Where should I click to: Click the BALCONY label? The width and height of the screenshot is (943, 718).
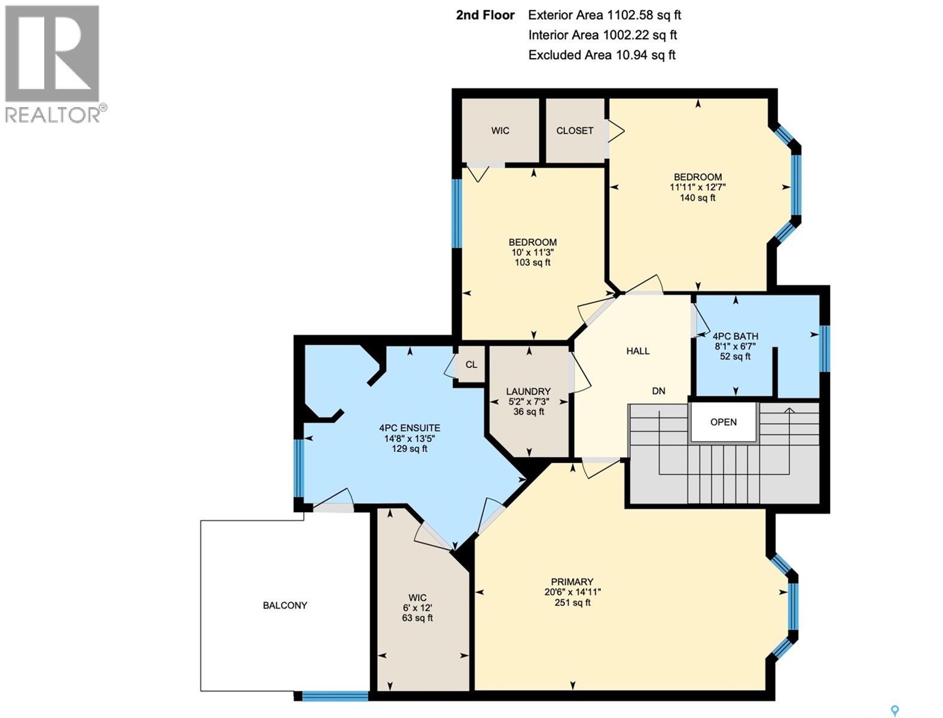pyautogui.click(x=285, y=606)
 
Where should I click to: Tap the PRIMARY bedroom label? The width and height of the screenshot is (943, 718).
pyautogui.click(x=572, y=582)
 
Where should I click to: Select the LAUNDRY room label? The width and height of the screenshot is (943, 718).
pyautogui.click(x=528, y=392)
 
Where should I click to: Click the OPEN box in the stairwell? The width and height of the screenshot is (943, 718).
pyautogui.click(x=723, y=422)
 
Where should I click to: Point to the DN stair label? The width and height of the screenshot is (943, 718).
pyautogui.click(x=658, y=391)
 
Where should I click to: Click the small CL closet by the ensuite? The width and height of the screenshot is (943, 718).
pyautogui.click(x=471, y=364)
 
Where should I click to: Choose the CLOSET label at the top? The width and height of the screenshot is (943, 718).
pyautogui.click(x=575, y=130)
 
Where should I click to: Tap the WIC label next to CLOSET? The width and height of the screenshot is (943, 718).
pyautogui.click(x=501, y=130)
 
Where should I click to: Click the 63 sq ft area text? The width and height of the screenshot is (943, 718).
pyautogui.click(x=417, y=617)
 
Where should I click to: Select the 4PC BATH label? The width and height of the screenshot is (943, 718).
pyautogui.click(x=736, y=336)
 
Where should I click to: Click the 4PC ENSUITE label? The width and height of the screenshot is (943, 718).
pyautogui.click(x=410, y=428)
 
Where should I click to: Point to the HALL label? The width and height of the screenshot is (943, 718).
pyautogui.click(x=638, y=351)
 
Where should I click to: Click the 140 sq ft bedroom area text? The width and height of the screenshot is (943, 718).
pyautogui.click(x=697, y=197)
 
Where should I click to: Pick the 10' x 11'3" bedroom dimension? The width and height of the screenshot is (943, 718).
pyautogui.click(x=532, y=252)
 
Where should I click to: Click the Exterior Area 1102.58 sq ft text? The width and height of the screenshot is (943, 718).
pyautogui.click(x=605, y=15)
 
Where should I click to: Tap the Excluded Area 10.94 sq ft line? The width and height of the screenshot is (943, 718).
pyautogui.click(x=602, y=55)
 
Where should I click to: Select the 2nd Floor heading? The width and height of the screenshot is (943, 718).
pyautogui.click(x=485, y=15)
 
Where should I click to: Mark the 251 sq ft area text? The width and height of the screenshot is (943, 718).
pyautogui.click(x=572, y=603)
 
